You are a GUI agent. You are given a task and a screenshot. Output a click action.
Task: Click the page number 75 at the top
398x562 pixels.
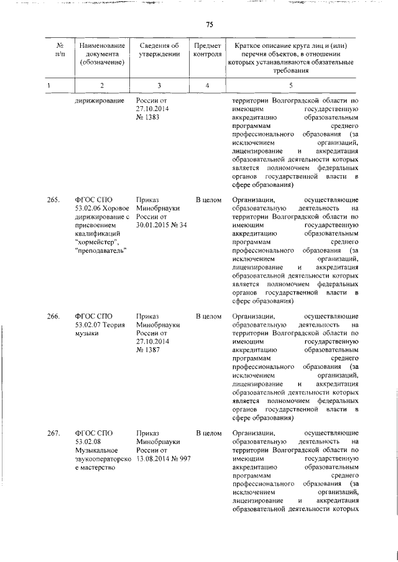pyautogui.click(x=210, y=24)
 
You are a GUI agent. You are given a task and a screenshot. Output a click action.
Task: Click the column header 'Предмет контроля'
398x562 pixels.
pyautogui.click(x=207, y=50)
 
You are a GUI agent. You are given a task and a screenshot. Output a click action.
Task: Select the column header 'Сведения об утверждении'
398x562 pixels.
pyautogui.click(x=159, y=50)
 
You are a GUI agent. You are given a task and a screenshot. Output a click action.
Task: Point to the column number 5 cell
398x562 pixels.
pyautogui.click(x=290, y=84)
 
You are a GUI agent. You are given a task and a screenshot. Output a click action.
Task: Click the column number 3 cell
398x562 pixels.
pyautogui.click(x=159, y=84)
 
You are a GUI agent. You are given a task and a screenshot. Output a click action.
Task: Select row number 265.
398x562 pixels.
pyautogui.click(x=52, y=200)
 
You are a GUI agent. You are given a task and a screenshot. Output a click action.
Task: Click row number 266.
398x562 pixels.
pyautogui.click(x=52, y=317)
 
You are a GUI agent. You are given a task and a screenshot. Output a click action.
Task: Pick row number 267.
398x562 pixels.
pyautogui.click(x=52, y=433)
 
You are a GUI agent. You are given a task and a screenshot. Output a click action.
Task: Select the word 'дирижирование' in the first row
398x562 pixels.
pyautogui.click(x=99, y=101)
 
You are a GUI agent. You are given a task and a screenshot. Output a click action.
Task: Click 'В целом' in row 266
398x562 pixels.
pyautogui.click(x=208, y=317)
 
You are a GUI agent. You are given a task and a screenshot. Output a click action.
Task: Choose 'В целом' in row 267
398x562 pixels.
pyautogui.click(x=208, y=433)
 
